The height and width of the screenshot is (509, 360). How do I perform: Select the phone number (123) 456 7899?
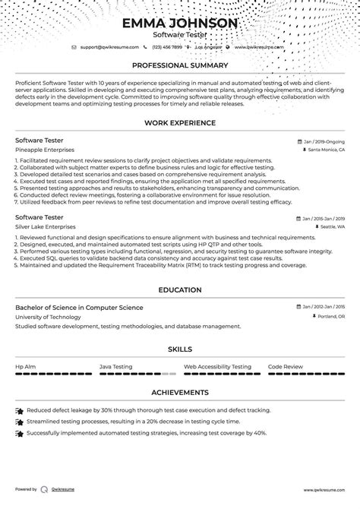(166, 47)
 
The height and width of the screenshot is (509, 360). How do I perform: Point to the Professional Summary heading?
(179, 65)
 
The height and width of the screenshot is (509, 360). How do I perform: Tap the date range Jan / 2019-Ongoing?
(323, 141)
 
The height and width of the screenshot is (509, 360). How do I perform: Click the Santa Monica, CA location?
(327, 150)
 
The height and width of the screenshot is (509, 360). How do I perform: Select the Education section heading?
(179, 289)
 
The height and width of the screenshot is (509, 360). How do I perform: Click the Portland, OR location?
(331, 316)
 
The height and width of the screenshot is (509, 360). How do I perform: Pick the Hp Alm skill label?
(25, 366)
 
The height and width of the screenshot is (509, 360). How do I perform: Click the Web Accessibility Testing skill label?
(217, 366)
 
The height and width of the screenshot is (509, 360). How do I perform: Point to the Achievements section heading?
(179, 392)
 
